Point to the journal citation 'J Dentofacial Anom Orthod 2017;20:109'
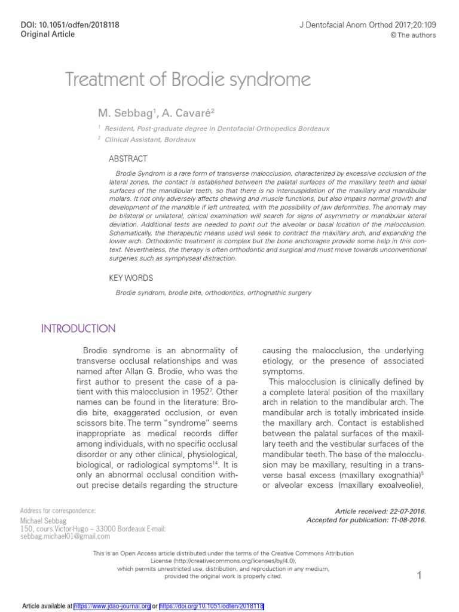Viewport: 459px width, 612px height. (367, 25)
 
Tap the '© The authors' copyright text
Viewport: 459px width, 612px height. (413, 35)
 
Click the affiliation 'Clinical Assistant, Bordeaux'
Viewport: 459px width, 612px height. (150, 139)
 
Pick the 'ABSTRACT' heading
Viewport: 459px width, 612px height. (127, 159)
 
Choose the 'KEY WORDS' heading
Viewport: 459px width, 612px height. (130, 278)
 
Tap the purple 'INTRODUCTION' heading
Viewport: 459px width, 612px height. (78, 329)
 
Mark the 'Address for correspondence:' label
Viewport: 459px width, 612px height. (57, 510)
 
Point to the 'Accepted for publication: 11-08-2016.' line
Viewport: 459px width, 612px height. (366, 520)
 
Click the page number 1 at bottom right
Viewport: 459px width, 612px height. (420, 576)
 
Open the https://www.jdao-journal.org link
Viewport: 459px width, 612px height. (112, 605)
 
